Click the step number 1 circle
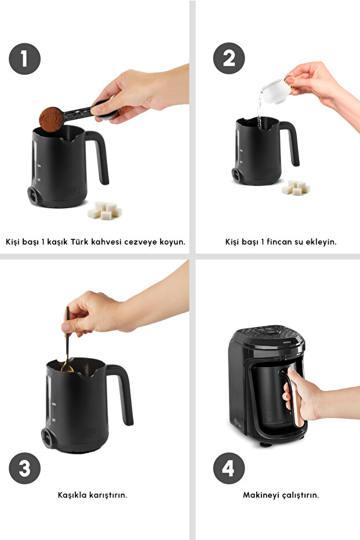pos(24,59)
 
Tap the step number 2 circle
pos(229,58)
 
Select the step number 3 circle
pos(24,469)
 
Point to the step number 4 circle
pos(229,469)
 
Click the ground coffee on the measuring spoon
pos(51,119)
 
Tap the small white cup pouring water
pos(276,90)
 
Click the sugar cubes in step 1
pos(104,210)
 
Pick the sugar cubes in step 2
pos(296,188)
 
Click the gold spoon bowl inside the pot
pos(67,368)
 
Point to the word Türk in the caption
pos(79,241)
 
